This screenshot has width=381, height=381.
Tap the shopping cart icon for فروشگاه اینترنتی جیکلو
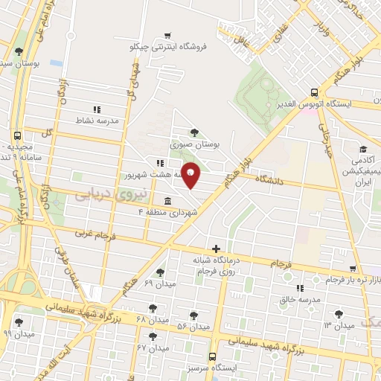168,34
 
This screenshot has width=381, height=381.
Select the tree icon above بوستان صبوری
195,132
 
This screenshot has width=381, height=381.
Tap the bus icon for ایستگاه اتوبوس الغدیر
314,93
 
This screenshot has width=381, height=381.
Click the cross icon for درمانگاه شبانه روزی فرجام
216,249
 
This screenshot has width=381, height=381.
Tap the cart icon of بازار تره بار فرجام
353,269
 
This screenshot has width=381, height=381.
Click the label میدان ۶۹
159,284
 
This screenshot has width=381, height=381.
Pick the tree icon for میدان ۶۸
153,307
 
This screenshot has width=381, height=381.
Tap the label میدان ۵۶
193,327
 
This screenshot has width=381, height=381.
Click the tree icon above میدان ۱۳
339,314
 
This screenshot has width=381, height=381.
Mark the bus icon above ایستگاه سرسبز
213,356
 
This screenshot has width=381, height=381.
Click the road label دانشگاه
272,179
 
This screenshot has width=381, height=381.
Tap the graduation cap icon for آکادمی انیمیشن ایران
362,149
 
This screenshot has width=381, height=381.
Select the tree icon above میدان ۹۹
19,323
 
